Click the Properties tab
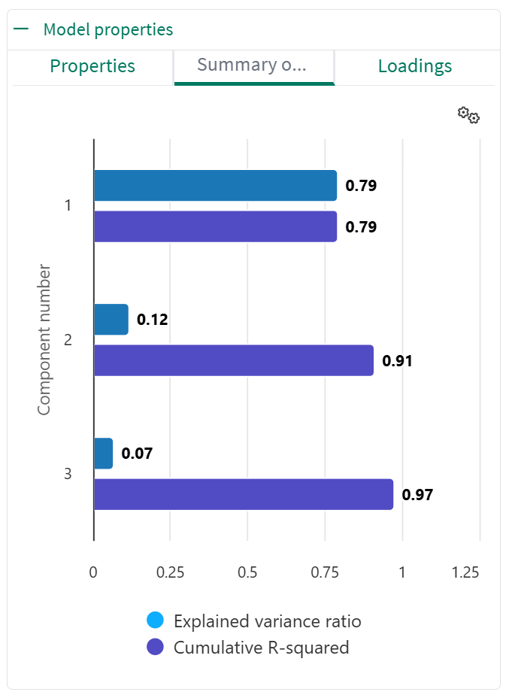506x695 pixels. pyautogui.click(x=92, y=66)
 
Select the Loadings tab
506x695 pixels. pyautogui.click(x=415, y=66)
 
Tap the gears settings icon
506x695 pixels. pyautogui.click(x=468, y=115)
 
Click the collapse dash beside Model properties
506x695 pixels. pyautogui.click(x=21, y=30)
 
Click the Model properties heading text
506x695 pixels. pyautogui.click(x=108, y=30)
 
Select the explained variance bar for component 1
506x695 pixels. pyautogui.click(x=215, y=186)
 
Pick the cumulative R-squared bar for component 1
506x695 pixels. pyautogui.click(x=215, y=226)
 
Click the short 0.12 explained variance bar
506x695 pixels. pyautogui.click(x=111, y=320)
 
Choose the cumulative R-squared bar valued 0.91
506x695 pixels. pyautogui.click(x=233, y=360)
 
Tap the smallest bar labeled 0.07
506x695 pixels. pyautogui.click(x=103, y=454)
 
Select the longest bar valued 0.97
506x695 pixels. pyautogui.click(x=243, y=494)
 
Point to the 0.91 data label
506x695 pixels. pyautogui.click(x=398, y=361)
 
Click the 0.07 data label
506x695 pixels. pyautogui.click(x=137, y=454)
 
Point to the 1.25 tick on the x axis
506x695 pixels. pyautogui.click(x=466, y=572)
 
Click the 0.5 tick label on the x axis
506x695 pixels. pyautogui.click(x=247, y=572)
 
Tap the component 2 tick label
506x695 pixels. pyautogui.click(x=68, y=340)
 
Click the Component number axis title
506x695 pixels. pyautogui.click(x=44, y=339)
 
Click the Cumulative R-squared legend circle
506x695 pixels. pyautogui.click(x=156, y=647)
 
